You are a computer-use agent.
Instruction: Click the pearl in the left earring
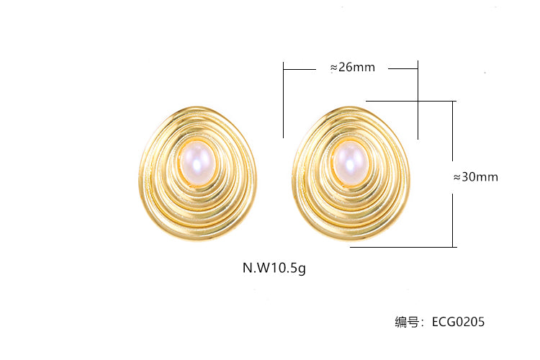tap(198, 162)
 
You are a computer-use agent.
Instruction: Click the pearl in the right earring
tap(351, 163)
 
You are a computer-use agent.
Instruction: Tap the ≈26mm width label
tap(352, 67)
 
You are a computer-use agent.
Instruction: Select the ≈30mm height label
tap(476, 176)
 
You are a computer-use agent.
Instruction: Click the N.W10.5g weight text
tap(274, 268)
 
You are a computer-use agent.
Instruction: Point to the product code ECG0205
tap(458, 322)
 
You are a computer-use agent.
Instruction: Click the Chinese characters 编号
tap(407, 322)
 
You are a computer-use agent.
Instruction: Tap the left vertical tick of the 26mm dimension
tap(284, 100)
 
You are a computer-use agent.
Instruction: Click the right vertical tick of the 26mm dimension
tap(418, 100)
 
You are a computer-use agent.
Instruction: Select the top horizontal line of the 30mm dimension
tap(411, 101)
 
